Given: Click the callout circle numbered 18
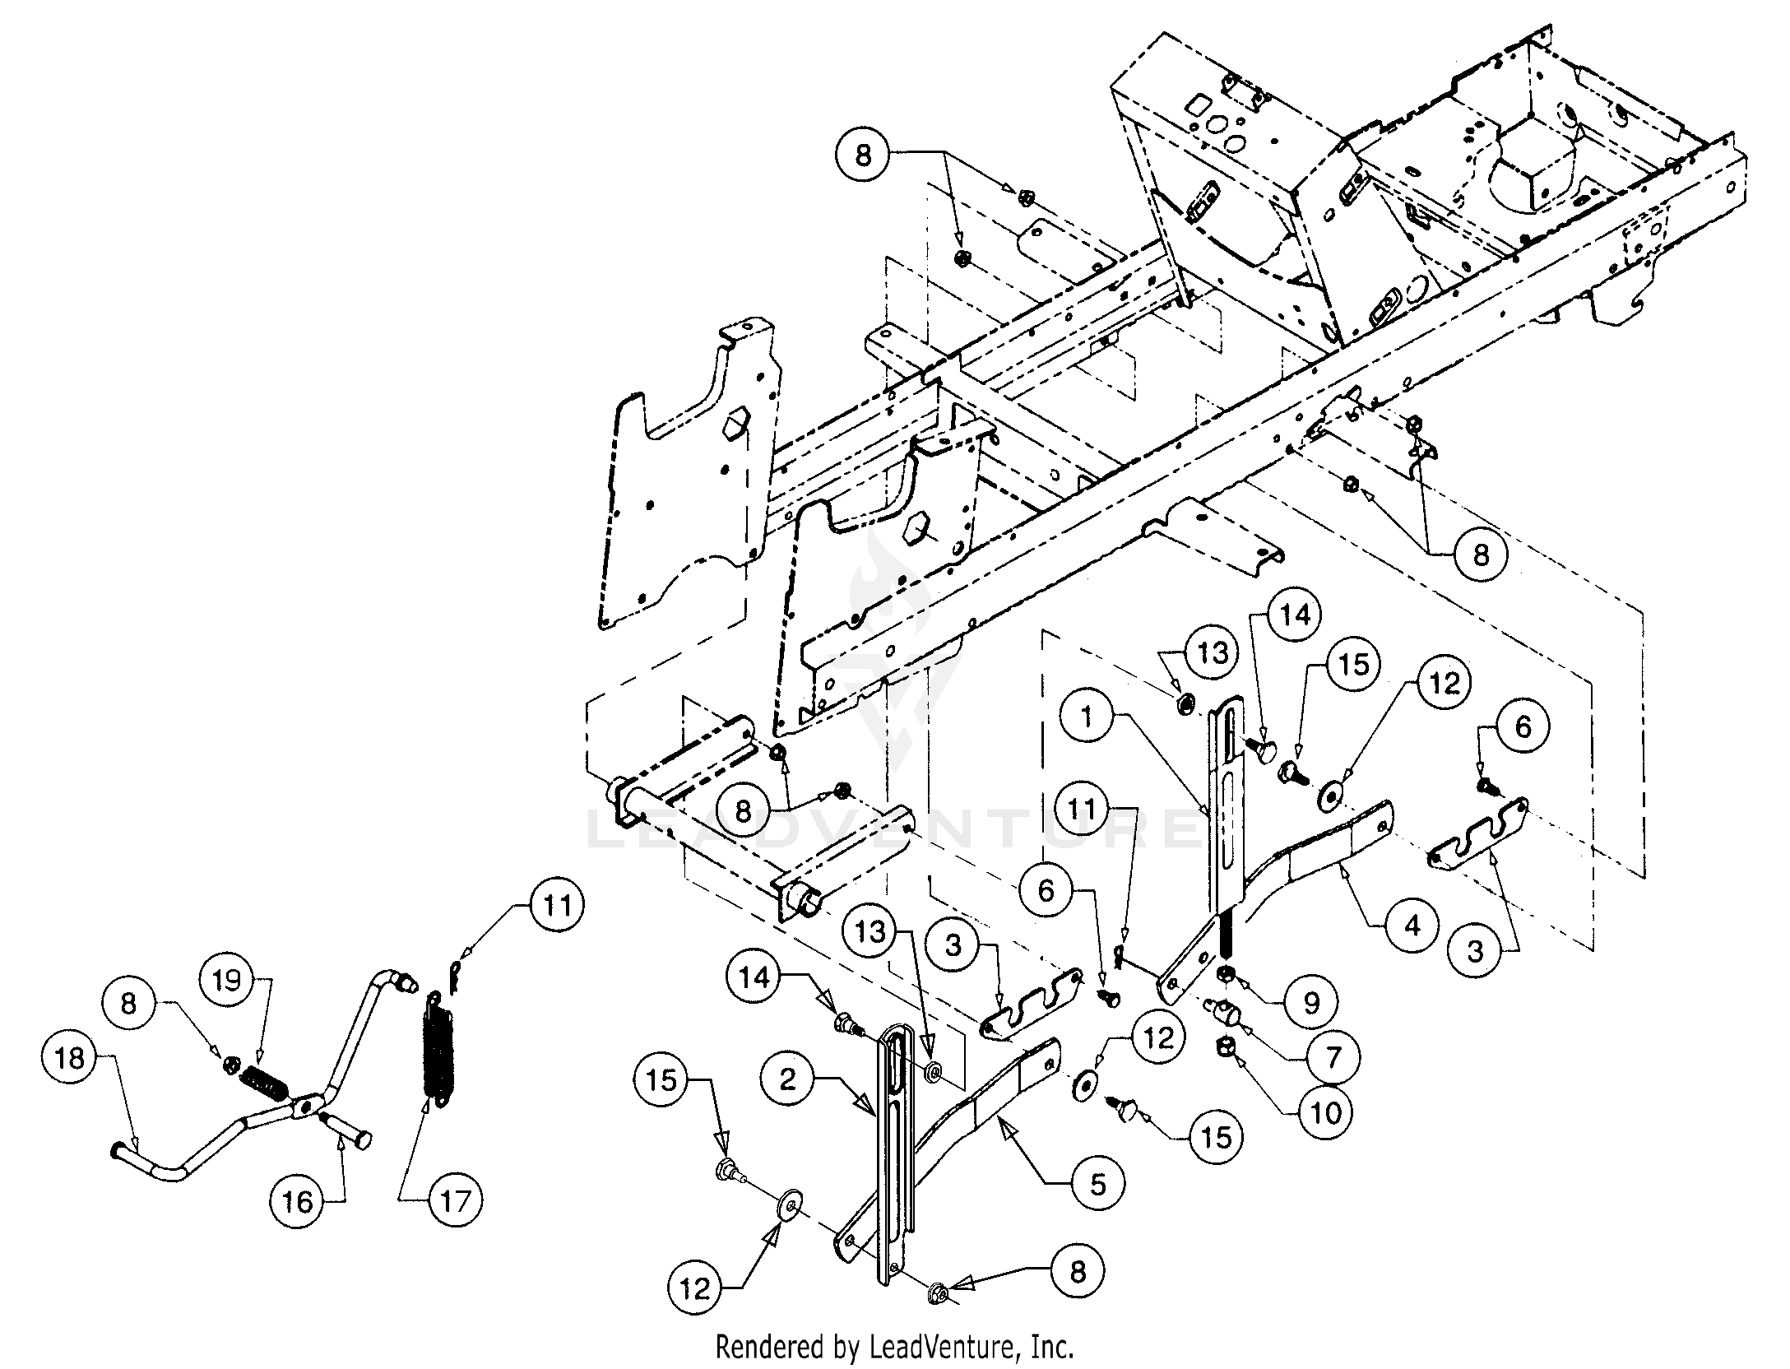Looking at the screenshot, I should (x=69, y=1058).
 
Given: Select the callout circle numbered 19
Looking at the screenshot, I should (x=227, y=981).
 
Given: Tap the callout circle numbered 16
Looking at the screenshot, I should (x=298, y=1203).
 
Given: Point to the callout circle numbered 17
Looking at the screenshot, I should (x=455, y=1203).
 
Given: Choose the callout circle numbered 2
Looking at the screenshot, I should (x=788, y=1079).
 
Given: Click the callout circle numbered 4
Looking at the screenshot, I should (x=1412, y=926).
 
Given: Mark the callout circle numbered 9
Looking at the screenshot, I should (x=1311, y=1002).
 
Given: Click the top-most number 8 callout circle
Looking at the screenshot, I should (x=862, y=155).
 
